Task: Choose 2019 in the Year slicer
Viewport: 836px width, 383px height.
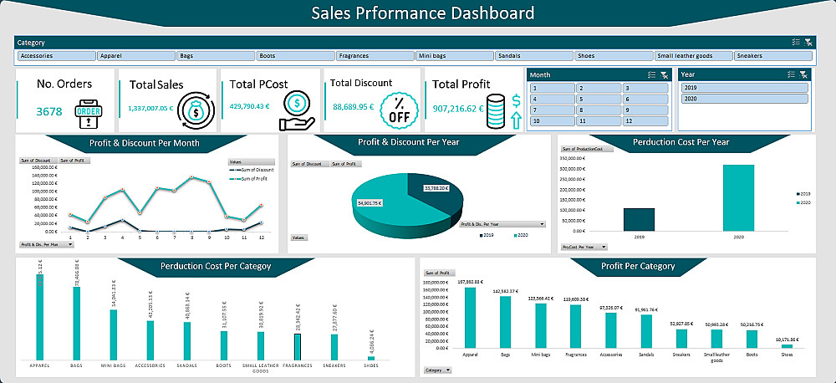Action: click(x=745, y=88)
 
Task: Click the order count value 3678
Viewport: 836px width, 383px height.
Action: click(x=49, y=110)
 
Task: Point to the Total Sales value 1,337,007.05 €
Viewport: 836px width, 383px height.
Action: click(x=150, y=108)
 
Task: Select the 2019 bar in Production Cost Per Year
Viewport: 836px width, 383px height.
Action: click(x=640, y=219)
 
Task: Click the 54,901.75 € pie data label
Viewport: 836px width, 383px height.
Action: click(x=369, y=203)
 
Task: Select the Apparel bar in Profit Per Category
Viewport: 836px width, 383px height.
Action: click(x=470, y=317)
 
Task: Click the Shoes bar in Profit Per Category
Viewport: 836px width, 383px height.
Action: click(x=786, y=345)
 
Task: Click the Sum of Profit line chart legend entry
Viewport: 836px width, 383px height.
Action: click(x=251, y=179)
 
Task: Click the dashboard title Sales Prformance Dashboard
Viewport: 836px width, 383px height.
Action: click(x=422, y=13)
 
